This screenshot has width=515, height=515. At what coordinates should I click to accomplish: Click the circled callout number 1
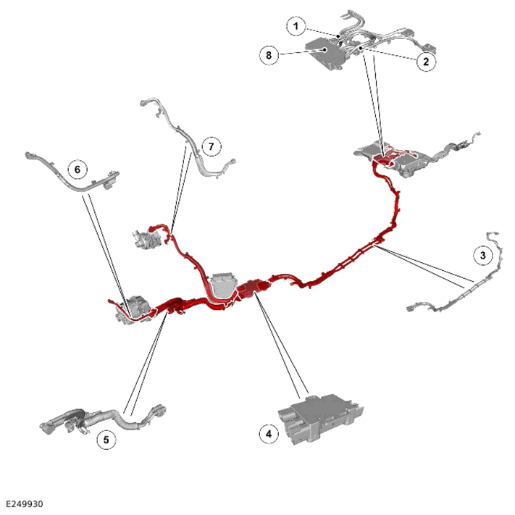296,25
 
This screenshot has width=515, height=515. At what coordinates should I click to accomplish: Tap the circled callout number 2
426,62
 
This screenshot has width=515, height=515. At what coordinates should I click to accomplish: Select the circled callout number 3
483,255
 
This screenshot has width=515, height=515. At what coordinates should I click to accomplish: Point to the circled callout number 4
269,434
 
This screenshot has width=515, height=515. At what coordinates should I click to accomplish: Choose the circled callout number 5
106,440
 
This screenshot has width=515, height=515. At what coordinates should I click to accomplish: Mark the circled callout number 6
78,169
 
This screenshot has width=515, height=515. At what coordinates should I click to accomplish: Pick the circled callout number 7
212,146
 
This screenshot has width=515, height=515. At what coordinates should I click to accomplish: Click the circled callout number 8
269,55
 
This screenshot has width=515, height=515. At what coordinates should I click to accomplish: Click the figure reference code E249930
25,504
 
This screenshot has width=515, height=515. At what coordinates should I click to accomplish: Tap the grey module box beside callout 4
320,419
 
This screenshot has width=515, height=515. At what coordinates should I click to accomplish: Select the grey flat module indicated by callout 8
324,53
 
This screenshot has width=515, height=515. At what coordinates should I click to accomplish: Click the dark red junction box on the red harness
253,288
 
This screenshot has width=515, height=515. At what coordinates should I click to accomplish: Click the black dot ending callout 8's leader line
325,49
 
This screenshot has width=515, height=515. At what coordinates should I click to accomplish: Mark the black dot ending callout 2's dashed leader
361,48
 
